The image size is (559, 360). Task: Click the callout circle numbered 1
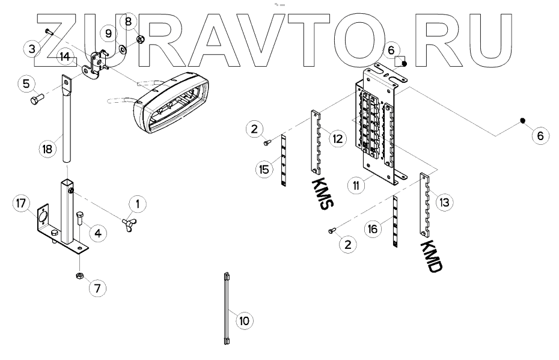tap(138, 205)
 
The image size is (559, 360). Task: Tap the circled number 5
tap(26, 84)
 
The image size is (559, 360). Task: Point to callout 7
tap(97, 288)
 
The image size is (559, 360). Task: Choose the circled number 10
tap(243, 322)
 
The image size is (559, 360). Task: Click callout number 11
tap(357, 186)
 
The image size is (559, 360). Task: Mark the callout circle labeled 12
tap(337, 139)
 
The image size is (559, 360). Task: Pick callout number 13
tap(444, 203)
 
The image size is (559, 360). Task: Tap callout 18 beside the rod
tap(46, 148)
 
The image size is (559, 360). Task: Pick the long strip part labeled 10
tap(226, 308)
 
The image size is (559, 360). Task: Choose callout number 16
tap(373, 228)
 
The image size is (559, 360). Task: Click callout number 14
tap(64, 58)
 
